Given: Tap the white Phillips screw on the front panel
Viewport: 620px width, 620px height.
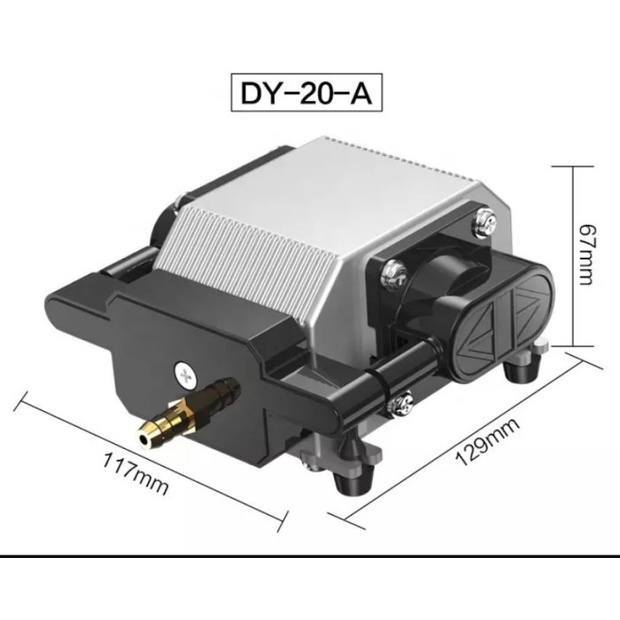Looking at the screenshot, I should [x=185, y=376].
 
